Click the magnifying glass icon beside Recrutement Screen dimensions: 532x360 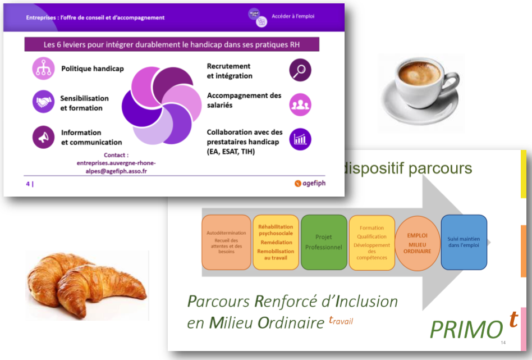click(300, 70)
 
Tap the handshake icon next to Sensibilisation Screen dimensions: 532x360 click(43, 102)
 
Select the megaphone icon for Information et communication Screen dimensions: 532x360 click(43, 137)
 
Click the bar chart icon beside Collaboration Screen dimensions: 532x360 click(300, 139)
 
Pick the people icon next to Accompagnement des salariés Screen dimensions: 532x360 click(300, 104)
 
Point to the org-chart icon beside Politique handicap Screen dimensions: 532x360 click(43, 69)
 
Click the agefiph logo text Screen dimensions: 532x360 click(314, 184)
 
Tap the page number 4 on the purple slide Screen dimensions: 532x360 click(28, 184)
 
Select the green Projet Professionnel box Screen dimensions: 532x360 click(324, 242)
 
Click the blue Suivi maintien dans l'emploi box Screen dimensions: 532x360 click(464, 242)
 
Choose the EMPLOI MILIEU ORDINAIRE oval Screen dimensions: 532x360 click(418, 243)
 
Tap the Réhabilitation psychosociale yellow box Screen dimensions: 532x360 click(276, 242)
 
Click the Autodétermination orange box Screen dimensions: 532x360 click(226, 242)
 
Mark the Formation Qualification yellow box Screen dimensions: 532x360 click(372, 243)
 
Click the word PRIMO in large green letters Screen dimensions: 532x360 click(466, 330)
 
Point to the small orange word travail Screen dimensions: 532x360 click(341, 320)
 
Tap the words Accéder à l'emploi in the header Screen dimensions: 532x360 click(293, 16)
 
